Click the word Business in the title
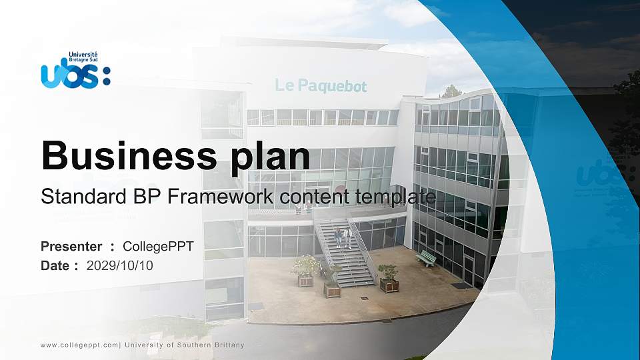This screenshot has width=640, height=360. tap(123, 156)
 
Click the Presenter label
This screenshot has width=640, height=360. tap(71, 247)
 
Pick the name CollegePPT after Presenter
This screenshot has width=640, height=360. tap(158, 247)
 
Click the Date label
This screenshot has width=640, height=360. tap(56, 265)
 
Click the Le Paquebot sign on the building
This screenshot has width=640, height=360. tap(321, 85)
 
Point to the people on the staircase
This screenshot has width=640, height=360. tap(343, 237)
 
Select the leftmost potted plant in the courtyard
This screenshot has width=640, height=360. tap(305, 271)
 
